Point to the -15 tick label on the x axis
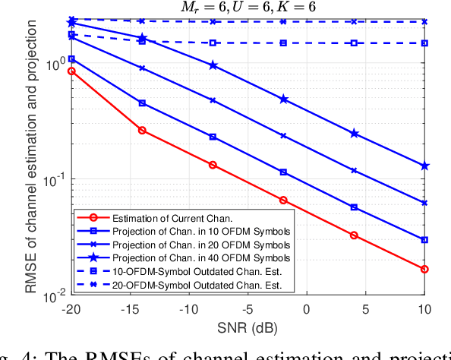click(130, 310)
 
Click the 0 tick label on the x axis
click(307, 310)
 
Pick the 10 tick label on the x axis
click(424, 310)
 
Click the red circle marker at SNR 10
click(424, 269)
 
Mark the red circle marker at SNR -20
click(71, 71)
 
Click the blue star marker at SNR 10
click(424, 166)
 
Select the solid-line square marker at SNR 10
click(424, 239)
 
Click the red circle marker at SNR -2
click(283, 200)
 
